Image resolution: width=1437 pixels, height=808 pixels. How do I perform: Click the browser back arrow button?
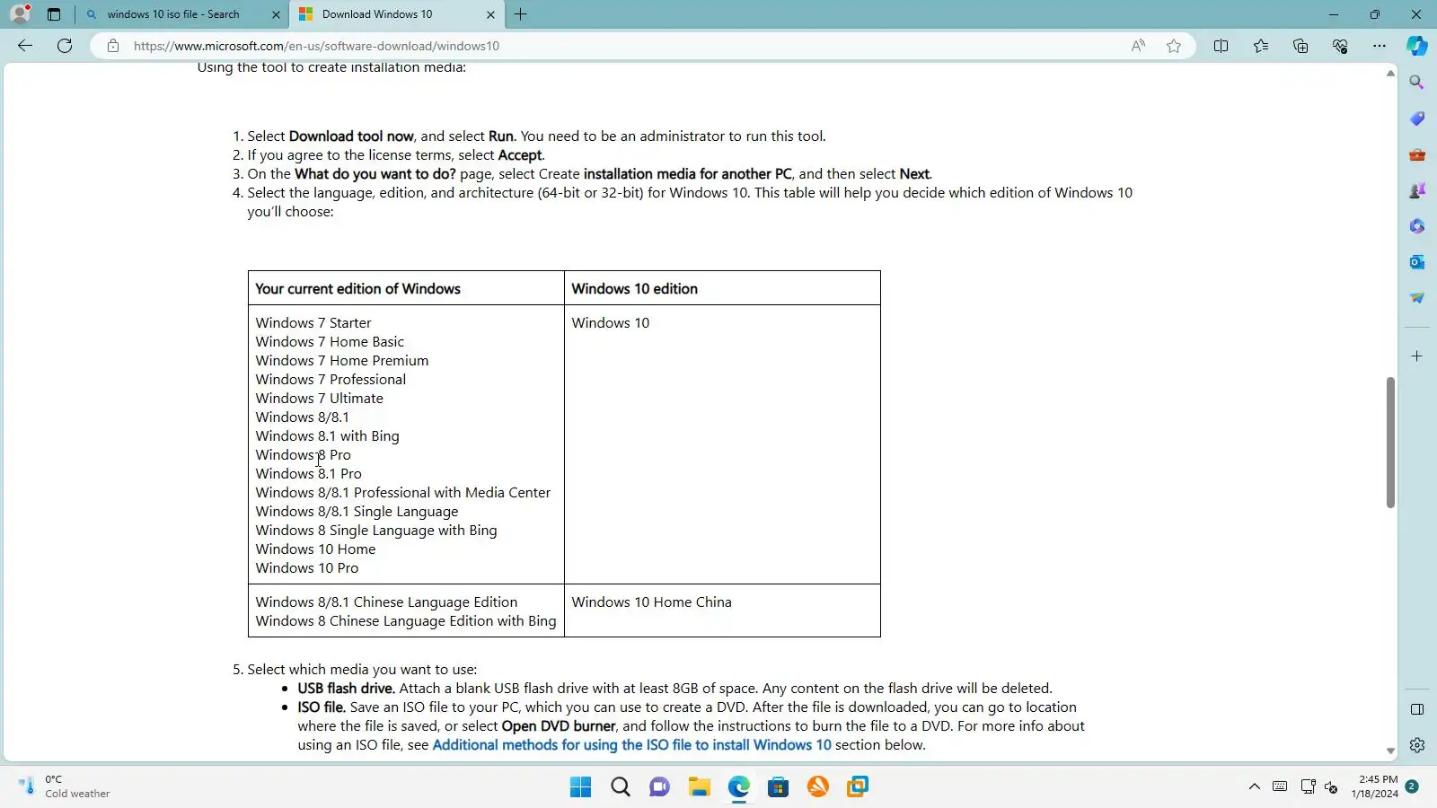[25, 46]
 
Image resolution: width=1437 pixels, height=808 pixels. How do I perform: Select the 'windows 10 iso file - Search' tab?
[173, 14]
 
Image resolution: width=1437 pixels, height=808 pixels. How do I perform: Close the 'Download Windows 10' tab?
[490, 14]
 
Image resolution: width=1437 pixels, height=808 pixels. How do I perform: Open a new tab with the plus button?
[521, 14]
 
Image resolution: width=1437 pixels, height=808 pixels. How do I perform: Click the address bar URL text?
[316, 46]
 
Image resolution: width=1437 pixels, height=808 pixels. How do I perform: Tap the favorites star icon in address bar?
[1174, 46]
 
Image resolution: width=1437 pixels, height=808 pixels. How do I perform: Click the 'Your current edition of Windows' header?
[357, 289]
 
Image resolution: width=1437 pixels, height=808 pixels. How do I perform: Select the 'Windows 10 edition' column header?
[634, 289]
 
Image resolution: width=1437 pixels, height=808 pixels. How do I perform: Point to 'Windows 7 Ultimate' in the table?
[319, 399]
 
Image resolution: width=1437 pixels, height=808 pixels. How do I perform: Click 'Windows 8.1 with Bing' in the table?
[327, 436]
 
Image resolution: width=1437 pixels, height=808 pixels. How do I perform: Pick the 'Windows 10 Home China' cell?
[651, 602]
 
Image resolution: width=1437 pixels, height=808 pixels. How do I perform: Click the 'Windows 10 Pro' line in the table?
[306, 568]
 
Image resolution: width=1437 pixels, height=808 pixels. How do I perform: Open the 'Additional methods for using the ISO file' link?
[631, 745]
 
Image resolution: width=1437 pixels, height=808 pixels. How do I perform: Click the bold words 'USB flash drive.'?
[346, 689]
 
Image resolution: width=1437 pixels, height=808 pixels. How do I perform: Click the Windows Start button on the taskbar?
[581, 787]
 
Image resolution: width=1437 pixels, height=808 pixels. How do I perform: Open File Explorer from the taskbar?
[700, 787]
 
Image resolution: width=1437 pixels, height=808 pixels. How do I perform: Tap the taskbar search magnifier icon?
[621, 787]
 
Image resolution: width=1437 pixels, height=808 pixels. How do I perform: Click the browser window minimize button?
[1334, 14]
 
